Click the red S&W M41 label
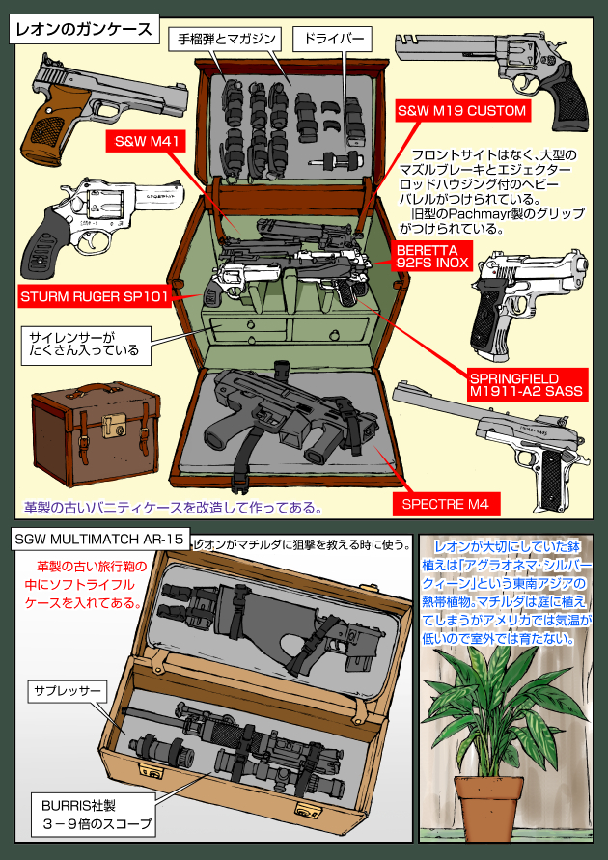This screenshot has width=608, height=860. [x=144, y=142]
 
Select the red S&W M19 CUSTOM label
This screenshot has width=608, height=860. [x=463, y=111]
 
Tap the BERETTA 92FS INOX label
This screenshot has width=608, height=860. [x=430, y=255]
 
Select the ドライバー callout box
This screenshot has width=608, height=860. [x=327, y=40]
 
